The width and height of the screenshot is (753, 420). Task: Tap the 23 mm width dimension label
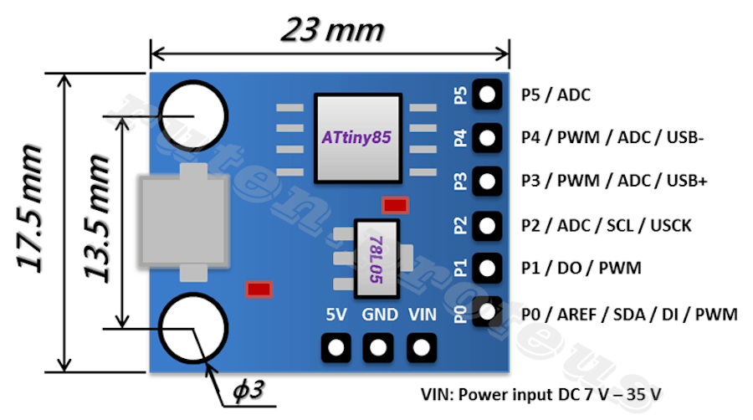pos(332,30)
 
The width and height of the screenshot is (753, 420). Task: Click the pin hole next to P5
pos(486,94)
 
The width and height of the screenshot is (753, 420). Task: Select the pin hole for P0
pos(486,312)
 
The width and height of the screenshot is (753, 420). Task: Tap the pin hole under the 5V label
pos(336,346)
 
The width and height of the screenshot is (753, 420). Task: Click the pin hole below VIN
pos(420,346)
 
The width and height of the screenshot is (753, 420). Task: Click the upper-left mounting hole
pos(193,115)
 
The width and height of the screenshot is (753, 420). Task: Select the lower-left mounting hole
pos(193,327)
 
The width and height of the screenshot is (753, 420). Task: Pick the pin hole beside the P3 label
pos(486,181)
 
